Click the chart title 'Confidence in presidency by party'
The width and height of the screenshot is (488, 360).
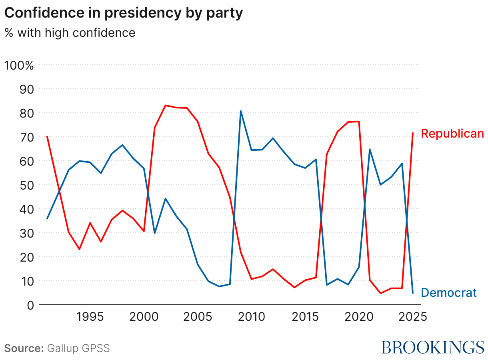point(124,13)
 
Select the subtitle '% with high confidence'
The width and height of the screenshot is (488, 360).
point(70,32)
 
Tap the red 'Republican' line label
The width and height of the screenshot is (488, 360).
point(452,134)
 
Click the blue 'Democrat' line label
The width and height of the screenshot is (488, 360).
point(449,293)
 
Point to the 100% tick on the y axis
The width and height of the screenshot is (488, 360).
point(19,65)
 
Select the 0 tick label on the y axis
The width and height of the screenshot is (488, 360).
point(30,305)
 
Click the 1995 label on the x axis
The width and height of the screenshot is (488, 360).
point(90,317)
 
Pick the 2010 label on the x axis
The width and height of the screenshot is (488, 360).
point(251,317)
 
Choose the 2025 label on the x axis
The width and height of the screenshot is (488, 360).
point(412,317)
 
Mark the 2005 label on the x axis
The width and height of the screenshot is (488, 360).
point(198,317)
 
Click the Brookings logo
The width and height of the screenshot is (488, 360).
point(432,347)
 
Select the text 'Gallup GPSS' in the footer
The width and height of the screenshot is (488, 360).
point(78,348)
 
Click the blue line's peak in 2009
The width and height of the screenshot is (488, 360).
point(240,111)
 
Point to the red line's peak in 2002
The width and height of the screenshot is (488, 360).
point(166,105)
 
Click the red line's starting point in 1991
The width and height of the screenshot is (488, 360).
point(47,136)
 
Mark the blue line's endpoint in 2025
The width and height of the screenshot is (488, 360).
point(412,293)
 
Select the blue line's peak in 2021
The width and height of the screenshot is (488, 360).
point(370,149)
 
